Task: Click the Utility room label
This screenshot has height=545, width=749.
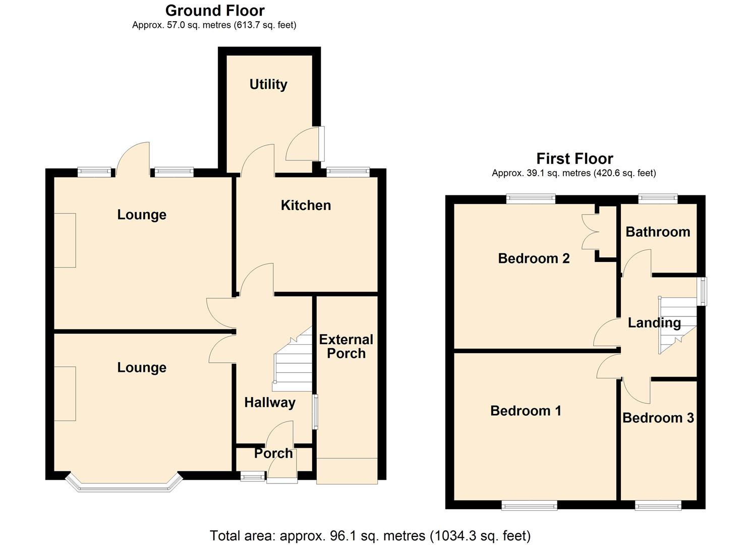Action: (268, 84)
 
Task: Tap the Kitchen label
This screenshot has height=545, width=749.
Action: (306, 205)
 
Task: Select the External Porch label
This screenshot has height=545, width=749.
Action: (346, 346)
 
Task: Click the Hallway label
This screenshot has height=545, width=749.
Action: (270, 402)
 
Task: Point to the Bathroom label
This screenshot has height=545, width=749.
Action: (658, 232)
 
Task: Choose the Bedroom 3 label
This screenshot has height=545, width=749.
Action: (658, 418)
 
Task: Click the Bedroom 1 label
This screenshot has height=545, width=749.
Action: (526, 411)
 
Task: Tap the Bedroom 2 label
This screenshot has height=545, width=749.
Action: (534, 258)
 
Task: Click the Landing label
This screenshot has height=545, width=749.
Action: (654, 323)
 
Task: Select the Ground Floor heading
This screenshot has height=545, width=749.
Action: (215, 11)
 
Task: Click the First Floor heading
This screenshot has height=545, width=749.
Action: (574, 159)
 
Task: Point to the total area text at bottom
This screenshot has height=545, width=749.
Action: (370, 535)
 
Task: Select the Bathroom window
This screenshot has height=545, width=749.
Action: (658, 199)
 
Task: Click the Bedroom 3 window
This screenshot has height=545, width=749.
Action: (658, 505)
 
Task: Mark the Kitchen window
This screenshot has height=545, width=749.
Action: (348, 172)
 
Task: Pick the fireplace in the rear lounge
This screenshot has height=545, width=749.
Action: (65, 240)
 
